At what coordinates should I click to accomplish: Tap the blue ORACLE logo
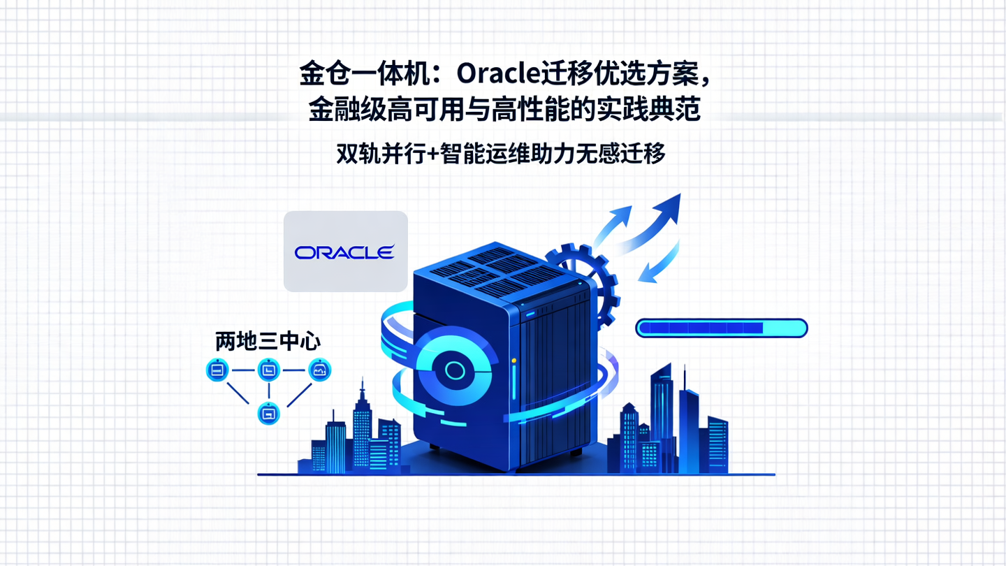point(344,252)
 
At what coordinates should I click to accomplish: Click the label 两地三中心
point(268,342)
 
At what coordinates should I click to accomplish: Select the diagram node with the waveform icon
point(320,370)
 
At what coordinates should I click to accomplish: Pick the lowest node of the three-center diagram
point(269,414)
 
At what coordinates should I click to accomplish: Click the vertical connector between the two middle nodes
point(269,392)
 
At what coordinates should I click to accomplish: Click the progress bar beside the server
point(721,328)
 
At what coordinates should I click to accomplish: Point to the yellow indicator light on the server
point(514,361)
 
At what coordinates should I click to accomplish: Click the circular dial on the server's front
point(453,370)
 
